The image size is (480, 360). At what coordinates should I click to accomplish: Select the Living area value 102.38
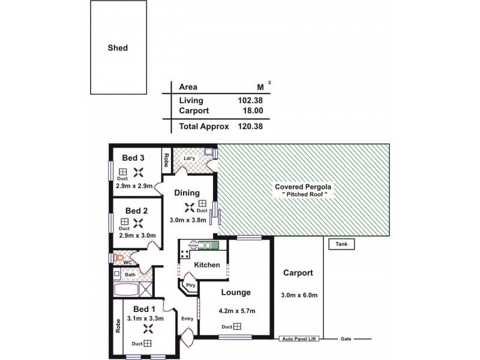point(250,101)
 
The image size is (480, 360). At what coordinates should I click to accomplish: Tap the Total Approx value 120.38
point(250,127)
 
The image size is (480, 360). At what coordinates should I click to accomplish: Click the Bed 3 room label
point(133,158)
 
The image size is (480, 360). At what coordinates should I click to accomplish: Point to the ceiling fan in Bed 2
point(139,223)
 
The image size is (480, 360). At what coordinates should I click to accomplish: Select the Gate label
point(346,339)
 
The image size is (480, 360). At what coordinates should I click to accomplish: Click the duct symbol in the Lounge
point(238,326)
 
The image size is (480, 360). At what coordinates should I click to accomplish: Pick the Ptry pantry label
point(190,286)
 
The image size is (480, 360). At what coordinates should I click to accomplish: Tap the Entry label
point(187,318)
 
